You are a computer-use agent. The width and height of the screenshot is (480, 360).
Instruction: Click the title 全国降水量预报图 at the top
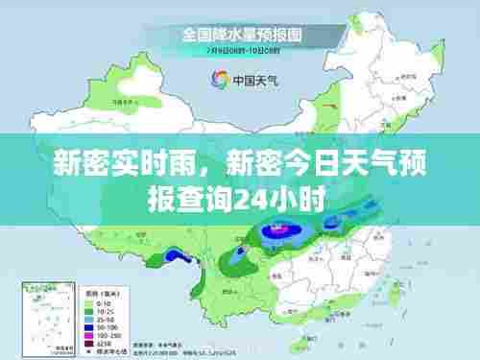[239, 35]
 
